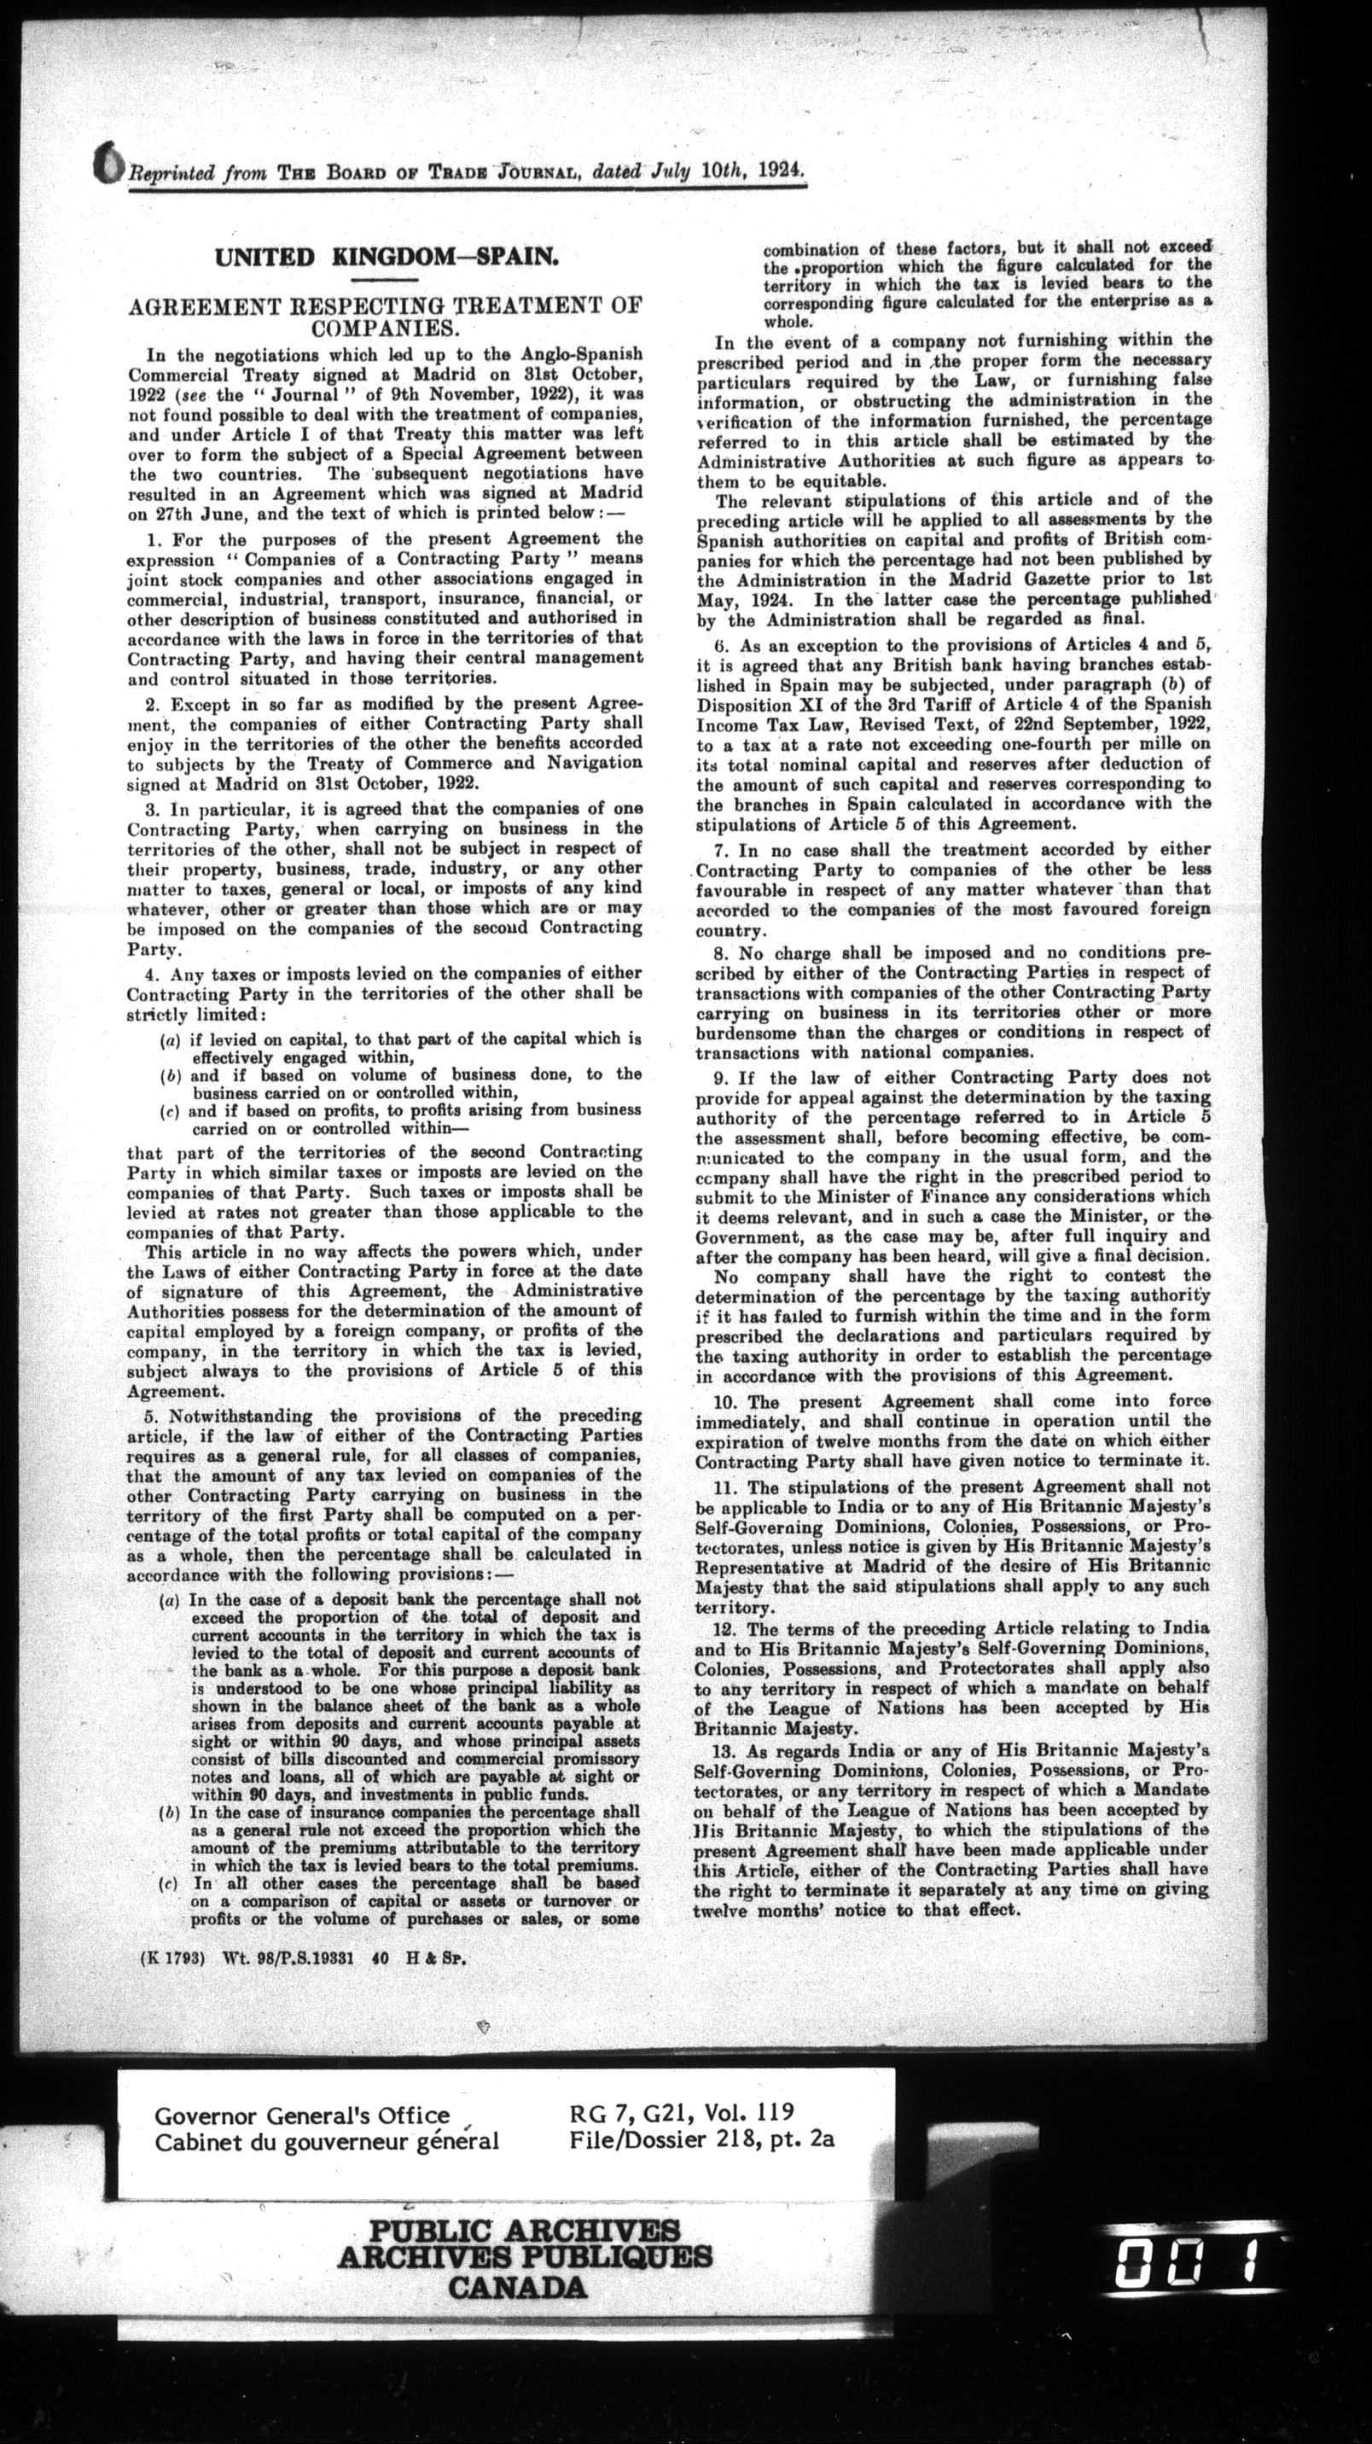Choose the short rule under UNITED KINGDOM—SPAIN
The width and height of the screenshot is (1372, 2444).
click(x=383, y=282)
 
